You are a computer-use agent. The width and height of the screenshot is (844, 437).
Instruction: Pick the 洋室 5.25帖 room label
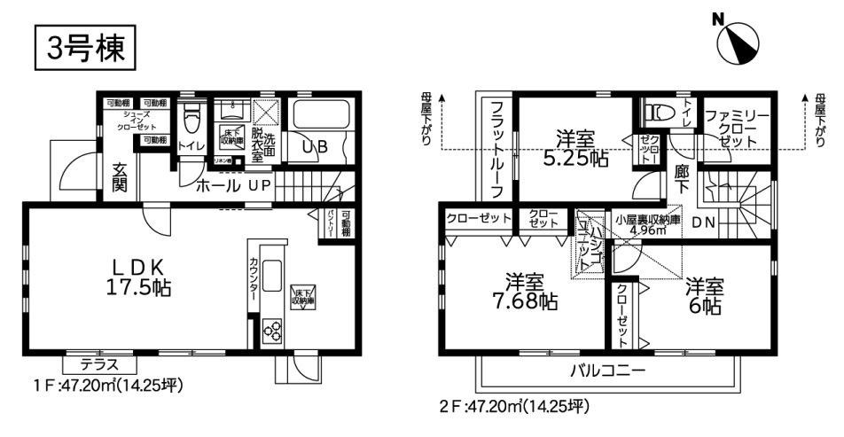point(574,149)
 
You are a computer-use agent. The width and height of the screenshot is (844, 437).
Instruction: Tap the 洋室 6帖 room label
point(704,295)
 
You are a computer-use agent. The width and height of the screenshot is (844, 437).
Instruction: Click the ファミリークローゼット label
point(738,129)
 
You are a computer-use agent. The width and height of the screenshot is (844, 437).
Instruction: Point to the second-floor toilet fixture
point(657,113)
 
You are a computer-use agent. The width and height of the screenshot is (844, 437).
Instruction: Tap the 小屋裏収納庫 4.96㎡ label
point(647,222)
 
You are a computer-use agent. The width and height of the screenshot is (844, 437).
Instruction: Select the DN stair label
point(704,222)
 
